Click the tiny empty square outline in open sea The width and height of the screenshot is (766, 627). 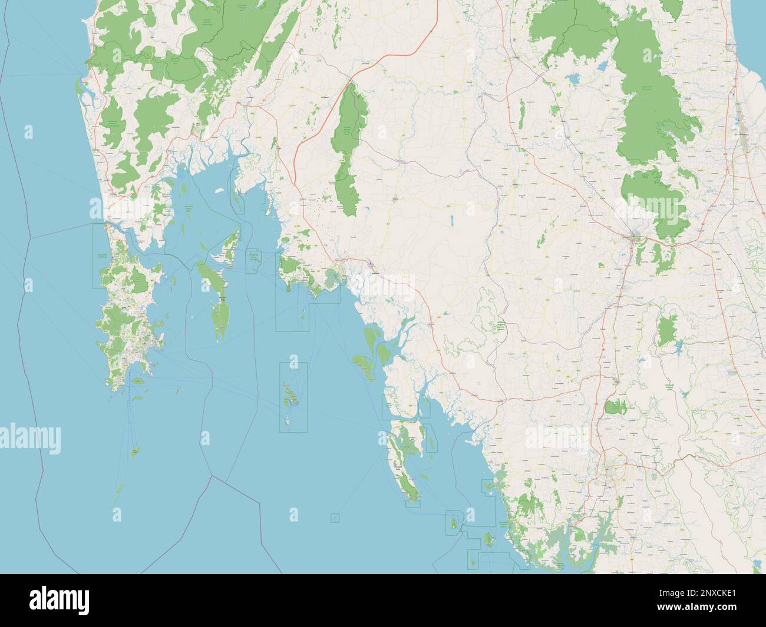[x=335, y=517]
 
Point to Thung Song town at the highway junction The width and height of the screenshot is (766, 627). [x=635, y=238]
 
